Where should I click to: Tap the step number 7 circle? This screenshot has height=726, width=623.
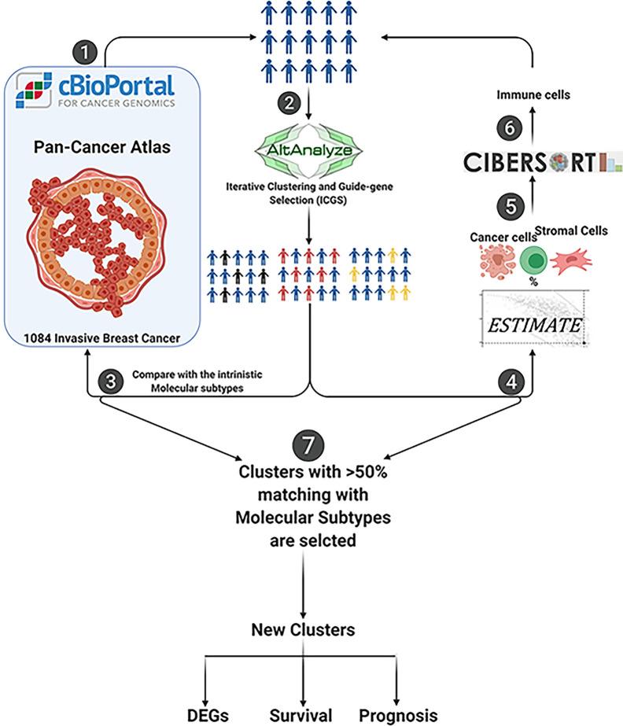(x=304, y=445)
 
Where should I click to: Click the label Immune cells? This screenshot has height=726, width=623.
(x=534, y=95)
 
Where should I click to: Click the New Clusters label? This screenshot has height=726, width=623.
(x=304, y=629)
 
